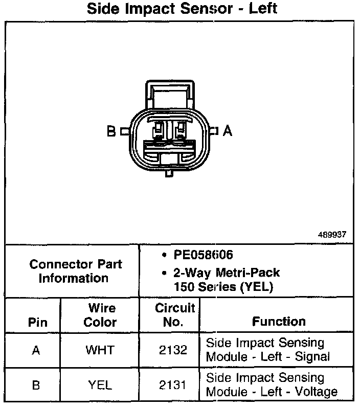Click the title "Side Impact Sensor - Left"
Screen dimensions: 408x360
(183, 9)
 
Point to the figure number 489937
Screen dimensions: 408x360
(332, 235)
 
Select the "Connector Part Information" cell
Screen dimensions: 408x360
(75, 271)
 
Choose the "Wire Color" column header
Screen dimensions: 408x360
(100, 315)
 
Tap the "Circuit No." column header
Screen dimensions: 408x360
(175, 315)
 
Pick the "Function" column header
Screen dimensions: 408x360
(279, 322)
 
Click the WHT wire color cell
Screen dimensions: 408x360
(100, 350)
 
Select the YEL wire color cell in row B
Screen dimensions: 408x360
(100, 385)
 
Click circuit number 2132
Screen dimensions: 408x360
(173, 350)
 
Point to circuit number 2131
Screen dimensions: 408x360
(173, 385)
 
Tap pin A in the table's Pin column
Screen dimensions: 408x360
(36, 351)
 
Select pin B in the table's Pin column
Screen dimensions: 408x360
(36, 385)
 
